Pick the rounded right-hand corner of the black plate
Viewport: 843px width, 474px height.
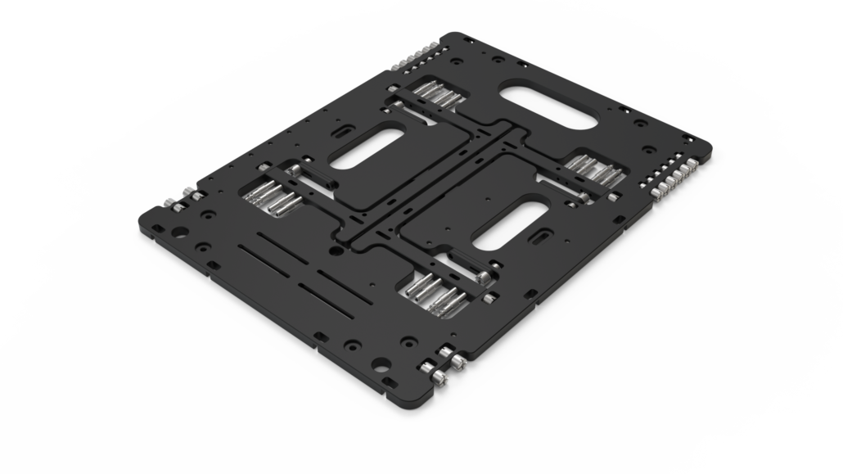click(705, 152)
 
